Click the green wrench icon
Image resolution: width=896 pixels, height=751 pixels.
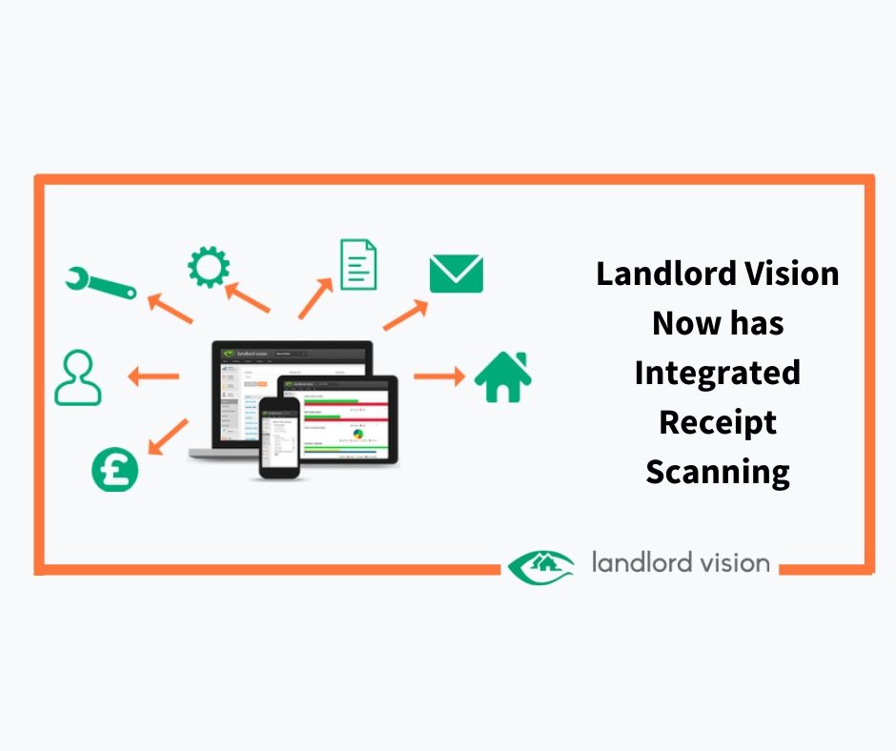[x=99, y=282]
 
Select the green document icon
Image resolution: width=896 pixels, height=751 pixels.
[x=358, y=264]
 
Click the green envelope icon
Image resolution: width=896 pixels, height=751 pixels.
[x=456, y=274]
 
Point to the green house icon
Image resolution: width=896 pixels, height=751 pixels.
[x=502, y=376]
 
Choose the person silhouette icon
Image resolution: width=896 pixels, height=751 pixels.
[x=77, y=377]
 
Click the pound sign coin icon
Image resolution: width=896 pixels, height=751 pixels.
[x=114, y=469]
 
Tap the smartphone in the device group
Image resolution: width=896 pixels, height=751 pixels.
[x=279, y=436]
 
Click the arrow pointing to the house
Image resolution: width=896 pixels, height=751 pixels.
[x=439, y=376]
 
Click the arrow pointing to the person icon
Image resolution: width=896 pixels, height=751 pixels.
[x=153, y=376]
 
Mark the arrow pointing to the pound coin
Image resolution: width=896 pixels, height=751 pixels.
[x=169, y=436]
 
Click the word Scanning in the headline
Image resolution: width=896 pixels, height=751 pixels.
[x=718, y=472]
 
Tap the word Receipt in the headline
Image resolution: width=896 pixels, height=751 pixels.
[x=718, y=422]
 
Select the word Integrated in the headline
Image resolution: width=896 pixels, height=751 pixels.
[x=718, y=373]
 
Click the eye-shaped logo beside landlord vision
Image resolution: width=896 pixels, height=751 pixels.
[x=540, y=565]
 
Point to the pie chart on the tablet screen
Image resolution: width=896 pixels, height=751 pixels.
[x=358, y=434]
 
